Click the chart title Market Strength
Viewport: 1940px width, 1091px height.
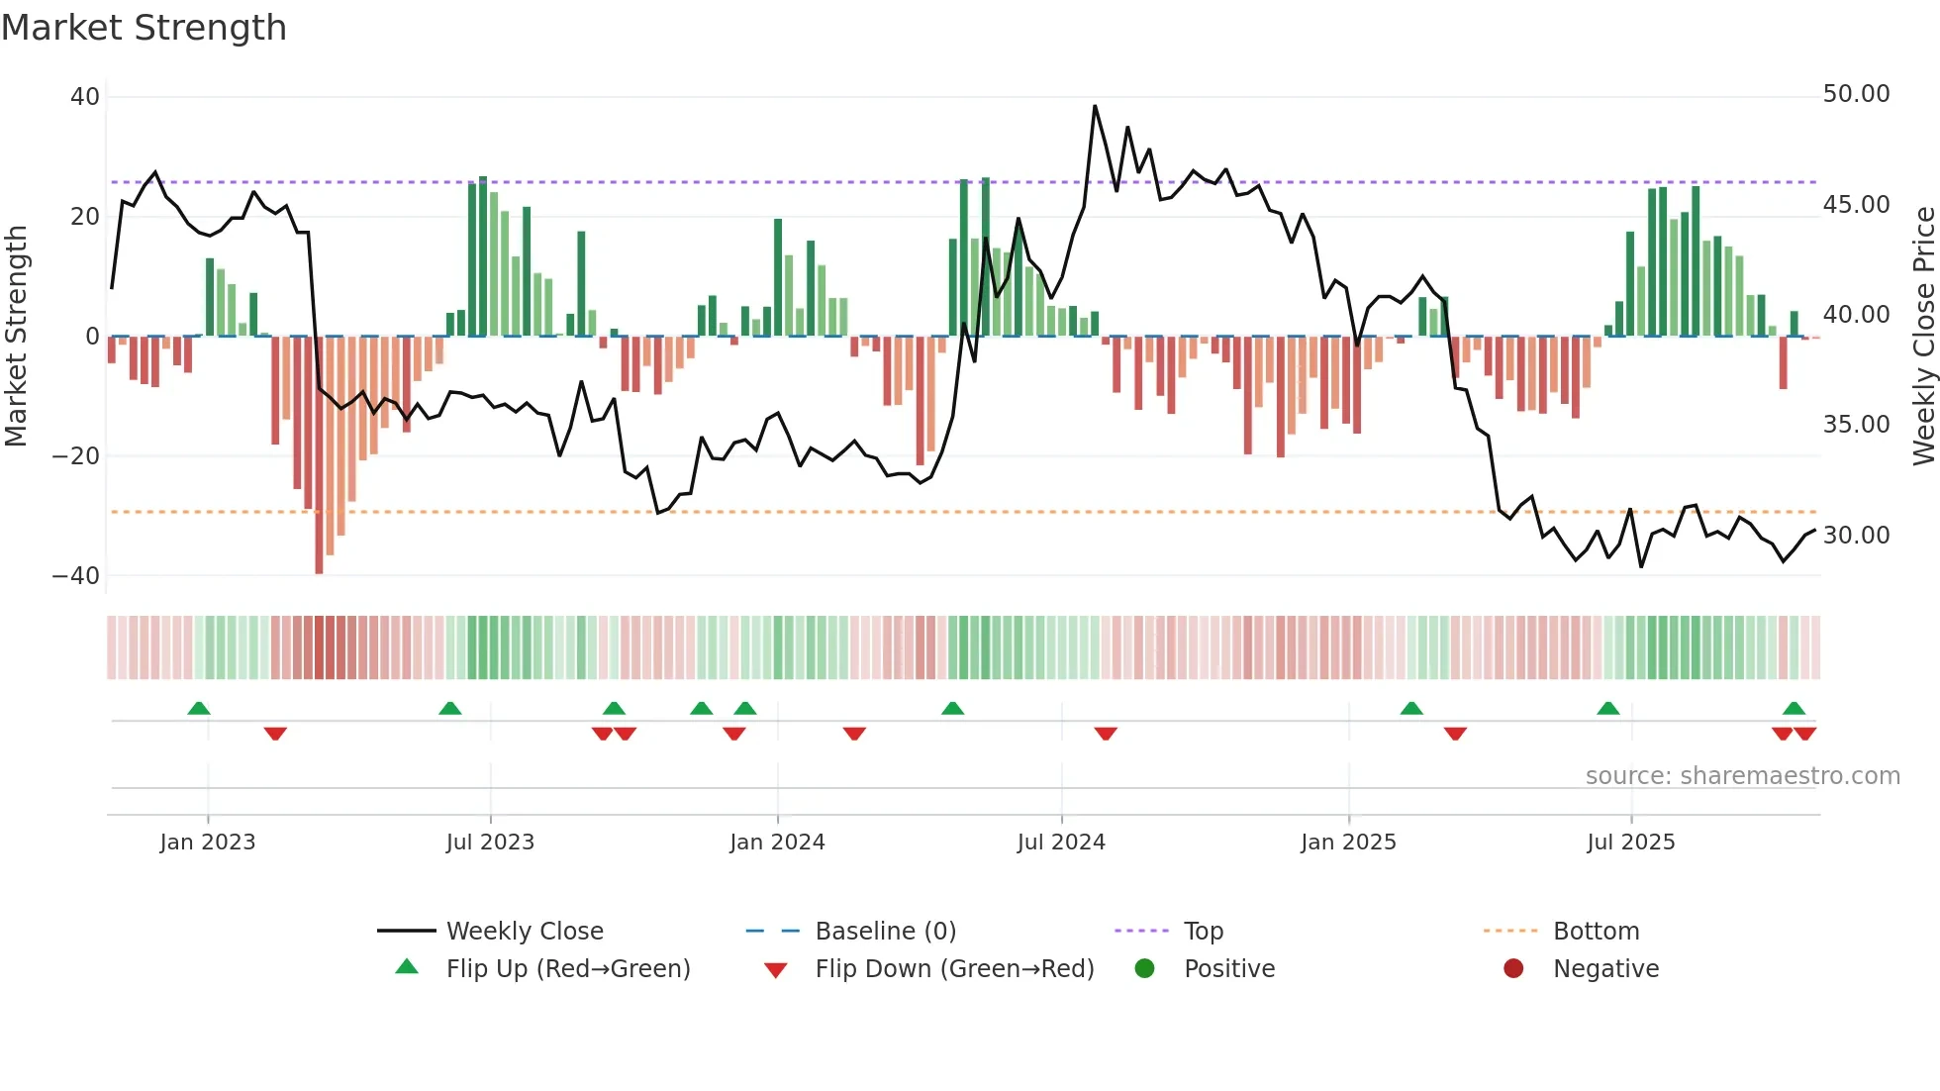[x=144, y=28]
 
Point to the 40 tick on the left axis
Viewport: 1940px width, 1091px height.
[x=85, y=97]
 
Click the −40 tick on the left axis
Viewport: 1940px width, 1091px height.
[x=76, y=576]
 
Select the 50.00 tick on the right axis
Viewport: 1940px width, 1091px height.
[x=1856, y=94]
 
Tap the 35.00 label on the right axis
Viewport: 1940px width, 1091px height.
[x=1856, y=425]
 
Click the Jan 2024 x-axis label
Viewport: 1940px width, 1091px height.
[x=777, y=843]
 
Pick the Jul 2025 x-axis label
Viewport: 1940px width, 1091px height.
[x=1630, y=843]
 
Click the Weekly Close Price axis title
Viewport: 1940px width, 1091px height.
[x=1923, y=337]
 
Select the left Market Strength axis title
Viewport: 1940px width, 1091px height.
[x=17, y=337]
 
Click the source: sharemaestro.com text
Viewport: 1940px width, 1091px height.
[x=1742, y=776]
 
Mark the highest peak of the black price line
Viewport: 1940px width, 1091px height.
[x=1095, y=106]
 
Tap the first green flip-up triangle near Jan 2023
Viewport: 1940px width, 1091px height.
[x=199, y=709]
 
